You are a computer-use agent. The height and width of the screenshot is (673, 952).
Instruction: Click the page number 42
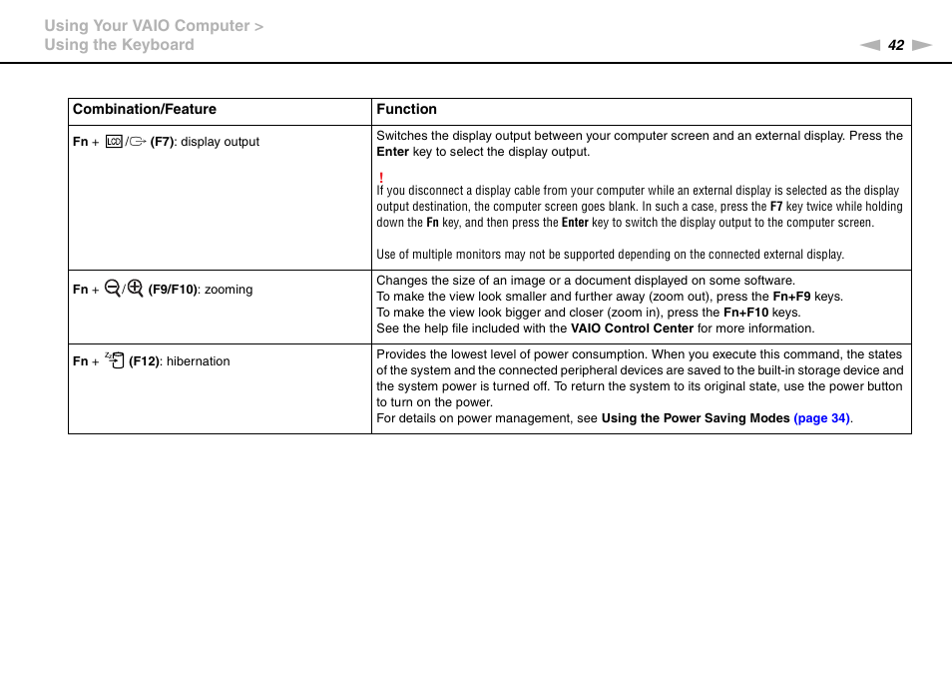click(x=896, y=45)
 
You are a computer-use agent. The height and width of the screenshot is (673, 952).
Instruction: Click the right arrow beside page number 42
click(x=922, y=45)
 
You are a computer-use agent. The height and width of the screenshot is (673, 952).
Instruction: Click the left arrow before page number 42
click(x=870, y=45)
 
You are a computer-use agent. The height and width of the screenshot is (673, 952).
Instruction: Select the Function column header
click(x=406, y=110)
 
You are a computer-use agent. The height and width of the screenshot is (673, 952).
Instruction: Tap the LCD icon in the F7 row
click(x=113, y=142)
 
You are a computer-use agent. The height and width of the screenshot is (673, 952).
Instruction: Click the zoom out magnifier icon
click(x=112, y=289)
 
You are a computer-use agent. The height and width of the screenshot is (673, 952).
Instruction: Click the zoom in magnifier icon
click(x=136, y=289)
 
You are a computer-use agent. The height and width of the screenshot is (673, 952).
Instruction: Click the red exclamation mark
click(x=381, y=177)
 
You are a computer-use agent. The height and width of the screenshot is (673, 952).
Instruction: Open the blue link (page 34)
click(x=821, y=419)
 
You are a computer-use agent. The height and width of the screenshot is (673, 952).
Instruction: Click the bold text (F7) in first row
click(x=163, y=142)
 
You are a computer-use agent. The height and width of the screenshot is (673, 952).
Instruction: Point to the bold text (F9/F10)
click(x=173, y=290)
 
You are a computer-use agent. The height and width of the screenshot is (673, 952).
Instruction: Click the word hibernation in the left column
click(x=198, y=361)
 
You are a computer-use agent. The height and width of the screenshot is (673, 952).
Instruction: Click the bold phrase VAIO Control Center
click(x=632, y=329)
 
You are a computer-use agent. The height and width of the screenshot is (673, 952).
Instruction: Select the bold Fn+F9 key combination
click(x=791, y=297)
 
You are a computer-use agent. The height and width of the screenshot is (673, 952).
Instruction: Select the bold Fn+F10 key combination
click(x=745, y=313)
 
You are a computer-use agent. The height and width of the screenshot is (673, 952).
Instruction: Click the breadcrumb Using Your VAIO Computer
click(x=147, y=26)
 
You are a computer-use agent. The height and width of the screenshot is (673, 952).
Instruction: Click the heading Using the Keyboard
click(x=119, y=45)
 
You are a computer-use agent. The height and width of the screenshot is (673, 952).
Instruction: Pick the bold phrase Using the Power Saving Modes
click(x=695, y=419)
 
